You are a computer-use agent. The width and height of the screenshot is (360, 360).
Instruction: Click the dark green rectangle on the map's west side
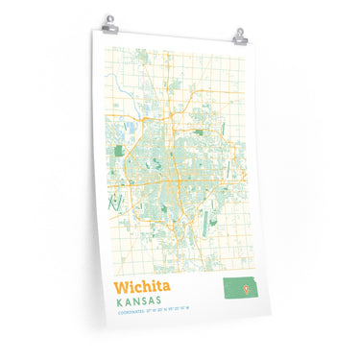tap(120, 150)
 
